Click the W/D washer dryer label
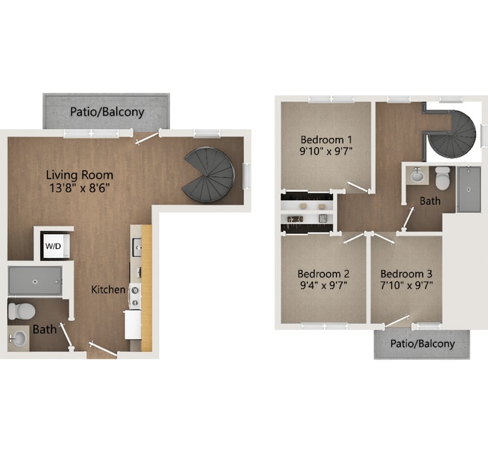tap(53, 245)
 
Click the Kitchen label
tap(108, 289)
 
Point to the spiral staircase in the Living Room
tap(208, 174)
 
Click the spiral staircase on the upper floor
tap(451, 133)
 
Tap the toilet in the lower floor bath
tap(22, 309)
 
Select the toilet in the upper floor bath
tap(442, 178)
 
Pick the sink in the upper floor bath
tap(417, 176)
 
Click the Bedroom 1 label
tap(326, 139)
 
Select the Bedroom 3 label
tap(405, 273)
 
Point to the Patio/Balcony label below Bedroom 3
tap(423, 343)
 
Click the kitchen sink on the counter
tap(136, 246)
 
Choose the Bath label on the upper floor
tap(430, 201)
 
